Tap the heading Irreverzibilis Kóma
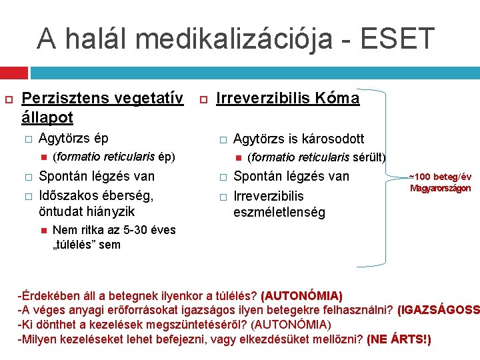click(x=288, y=99)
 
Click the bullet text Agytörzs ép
click(x=74, y=139)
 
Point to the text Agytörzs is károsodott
click(x=299, y=139)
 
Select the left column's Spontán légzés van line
click(x=97, y=176)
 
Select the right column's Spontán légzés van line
click(x=291, y=176)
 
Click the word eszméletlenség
click(x=279, y=213)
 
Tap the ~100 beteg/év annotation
click(x=440, y=177)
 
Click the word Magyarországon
click(x=440, y=188)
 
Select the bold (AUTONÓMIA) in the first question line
click(x=302, y=295)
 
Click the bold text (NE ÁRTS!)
click(x=399, y=339)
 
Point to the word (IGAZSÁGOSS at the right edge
click(x=438, y=310)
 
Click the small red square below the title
click(x=13, y=71)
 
